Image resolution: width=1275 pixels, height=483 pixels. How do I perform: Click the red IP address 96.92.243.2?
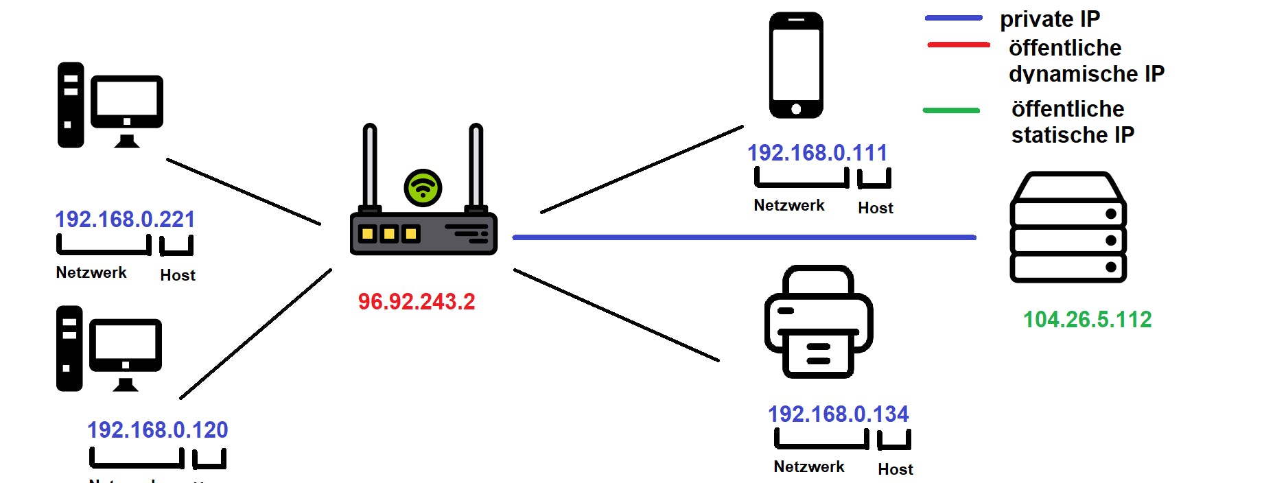(417, 302)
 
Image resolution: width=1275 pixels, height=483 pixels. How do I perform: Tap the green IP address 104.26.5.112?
(1087, 320)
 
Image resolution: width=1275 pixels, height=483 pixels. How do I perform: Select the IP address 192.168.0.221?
(125, 220)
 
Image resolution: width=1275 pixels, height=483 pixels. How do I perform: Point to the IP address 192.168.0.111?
(817, 153)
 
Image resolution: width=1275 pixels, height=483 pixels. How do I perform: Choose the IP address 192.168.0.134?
(838, 414)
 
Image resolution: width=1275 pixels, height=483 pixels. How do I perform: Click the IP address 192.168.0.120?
(157, 430)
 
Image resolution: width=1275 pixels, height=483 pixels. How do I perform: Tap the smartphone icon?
(796, 65)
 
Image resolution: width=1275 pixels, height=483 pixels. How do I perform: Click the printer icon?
(819, 322)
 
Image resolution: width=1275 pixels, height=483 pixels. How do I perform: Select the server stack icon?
(1068, 228)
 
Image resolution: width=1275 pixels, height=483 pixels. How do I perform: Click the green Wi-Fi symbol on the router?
(423, 188)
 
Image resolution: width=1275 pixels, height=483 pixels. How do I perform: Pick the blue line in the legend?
(954, 18)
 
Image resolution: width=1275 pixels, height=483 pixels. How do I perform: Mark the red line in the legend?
(958, 45)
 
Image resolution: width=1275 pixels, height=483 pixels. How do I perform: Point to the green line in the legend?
(951, 110)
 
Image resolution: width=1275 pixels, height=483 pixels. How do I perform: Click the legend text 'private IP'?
(1050, 19)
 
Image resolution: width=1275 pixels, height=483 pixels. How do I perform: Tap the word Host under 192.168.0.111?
(876, 209)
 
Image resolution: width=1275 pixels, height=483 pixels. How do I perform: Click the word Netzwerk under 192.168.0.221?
(91, 273)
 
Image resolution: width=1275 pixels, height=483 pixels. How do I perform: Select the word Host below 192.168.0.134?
(896, 470)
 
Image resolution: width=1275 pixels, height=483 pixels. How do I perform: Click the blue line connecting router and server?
(744, 237)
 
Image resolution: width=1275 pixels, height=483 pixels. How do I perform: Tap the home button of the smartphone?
(796, 109)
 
